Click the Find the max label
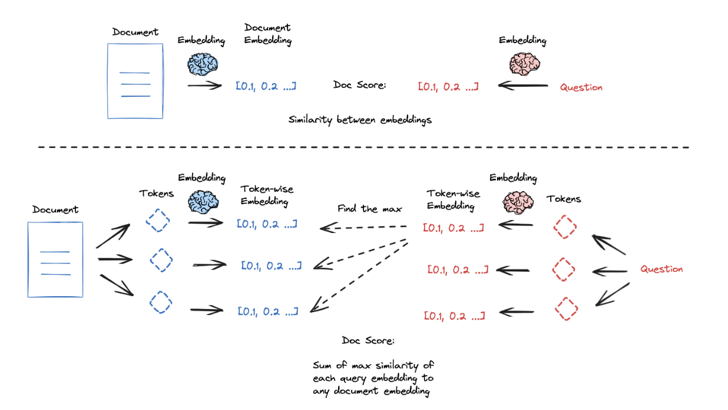[x=369, y=209]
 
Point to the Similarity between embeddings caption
[x=360, y=120]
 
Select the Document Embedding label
[x=267, y=34]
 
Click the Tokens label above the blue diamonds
[x=157, y=193]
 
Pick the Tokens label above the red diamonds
[x=564, y=199]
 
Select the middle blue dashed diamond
[x=160, y=260]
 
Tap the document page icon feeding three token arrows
[x=55, y=260]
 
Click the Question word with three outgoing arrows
[x=661, y=269]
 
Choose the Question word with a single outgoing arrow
[x=581, y=87]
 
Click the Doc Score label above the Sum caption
[x=368, y=341]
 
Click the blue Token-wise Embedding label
[x=267, y=195]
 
